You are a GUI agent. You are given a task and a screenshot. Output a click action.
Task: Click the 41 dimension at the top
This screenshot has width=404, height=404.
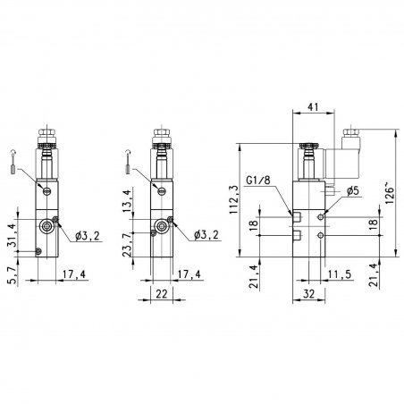(x=313, y=106)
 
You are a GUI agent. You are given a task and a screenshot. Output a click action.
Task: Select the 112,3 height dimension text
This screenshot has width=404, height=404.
(x=234, y=200)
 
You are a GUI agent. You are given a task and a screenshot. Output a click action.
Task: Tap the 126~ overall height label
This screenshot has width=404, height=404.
(x=390, y=195)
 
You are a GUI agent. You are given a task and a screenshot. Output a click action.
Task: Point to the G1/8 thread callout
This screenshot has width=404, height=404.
(x=258, y=181)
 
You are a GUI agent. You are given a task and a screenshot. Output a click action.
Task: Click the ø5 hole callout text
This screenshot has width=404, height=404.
(x=353, y=191)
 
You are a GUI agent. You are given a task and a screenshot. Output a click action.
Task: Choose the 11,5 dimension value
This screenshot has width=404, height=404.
(x=340, y=274)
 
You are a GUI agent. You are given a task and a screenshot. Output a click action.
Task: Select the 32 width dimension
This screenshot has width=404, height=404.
(x=308, y=294)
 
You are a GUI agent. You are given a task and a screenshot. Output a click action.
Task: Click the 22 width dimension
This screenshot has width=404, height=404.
(x=162, y=294)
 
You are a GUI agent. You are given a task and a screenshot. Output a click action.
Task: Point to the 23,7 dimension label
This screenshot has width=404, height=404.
(x=127, y=245)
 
